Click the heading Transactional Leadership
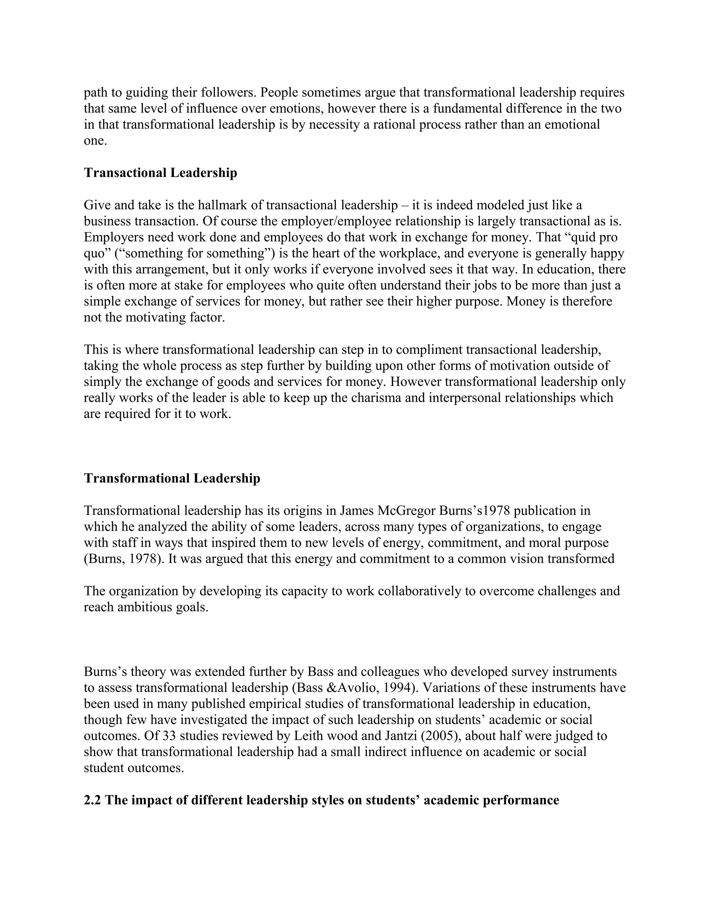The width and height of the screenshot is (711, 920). [x=160, y=173]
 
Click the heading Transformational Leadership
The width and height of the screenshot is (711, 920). [x=172, y=478]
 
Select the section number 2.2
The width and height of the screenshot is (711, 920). [x=92, y=800]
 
